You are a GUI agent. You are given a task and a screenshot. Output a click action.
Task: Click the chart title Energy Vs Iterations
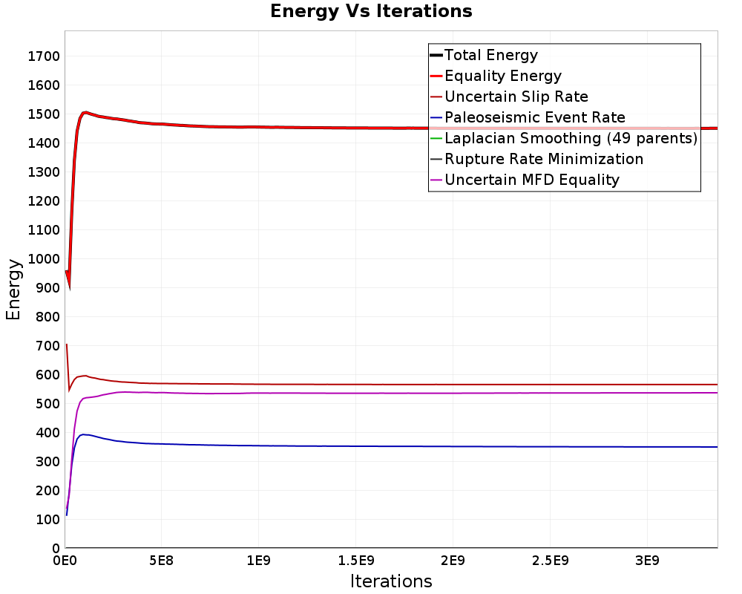(x=371, y=11)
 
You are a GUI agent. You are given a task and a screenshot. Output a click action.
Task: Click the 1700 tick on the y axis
(x=44, y=56)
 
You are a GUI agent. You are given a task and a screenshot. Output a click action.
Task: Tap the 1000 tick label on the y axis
(x=44, y=259)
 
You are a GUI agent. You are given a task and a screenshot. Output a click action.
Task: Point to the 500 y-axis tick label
(x=47, y=404)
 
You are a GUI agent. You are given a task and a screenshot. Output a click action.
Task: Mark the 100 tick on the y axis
(x=47, y=520)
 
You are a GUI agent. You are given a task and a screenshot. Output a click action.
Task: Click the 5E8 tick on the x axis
(x=161, y=561)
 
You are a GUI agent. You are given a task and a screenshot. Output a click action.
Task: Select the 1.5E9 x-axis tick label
(x=356, y=561)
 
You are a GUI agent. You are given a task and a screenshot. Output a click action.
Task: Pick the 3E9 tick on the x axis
(x=647, y=561)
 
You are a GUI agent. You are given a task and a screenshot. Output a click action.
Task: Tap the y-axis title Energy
(x=13, y=290)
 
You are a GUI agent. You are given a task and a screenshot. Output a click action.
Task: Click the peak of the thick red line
(x=85, y=112)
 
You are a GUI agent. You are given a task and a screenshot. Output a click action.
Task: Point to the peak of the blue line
(x=83, y=434)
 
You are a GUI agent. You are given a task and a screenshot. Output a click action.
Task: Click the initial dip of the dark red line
(x=69, y=391)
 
